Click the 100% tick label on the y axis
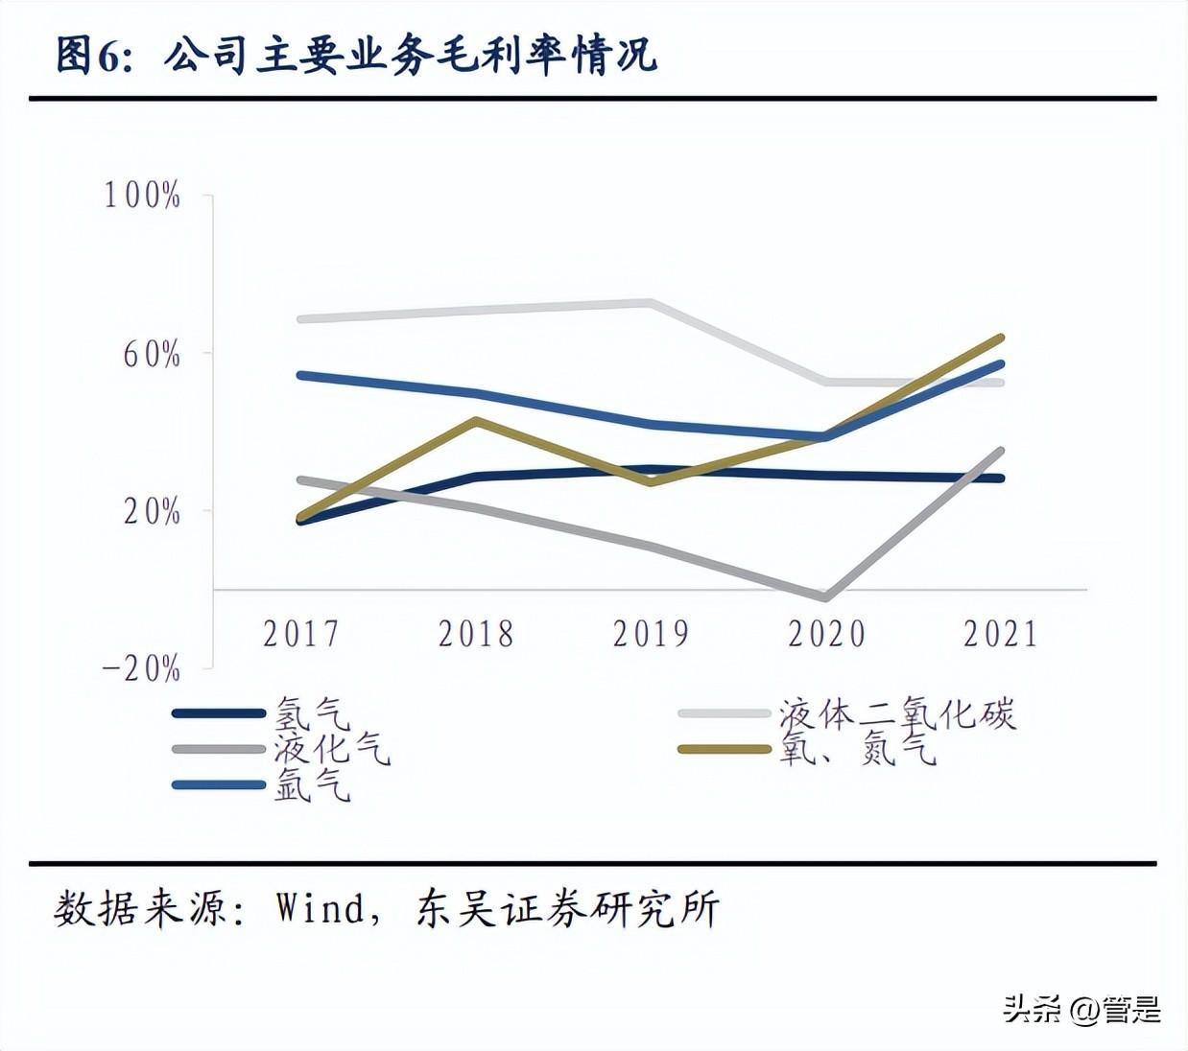(x=142, y=196)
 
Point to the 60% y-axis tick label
(x=152, y=355)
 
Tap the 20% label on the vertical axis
(x=152, y=512)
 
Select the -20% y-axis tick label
(x=142, y=668)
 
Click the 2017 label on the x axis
(x=301, y=634)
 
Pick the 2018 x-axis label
(x=476, y=634)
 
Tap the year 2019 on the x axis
(x=651, y=634)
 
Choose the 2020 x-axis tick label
(x=826, y=634)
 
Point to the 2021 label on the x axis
(x=1001, y=634)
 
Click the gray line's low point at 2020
(x=824, y=596)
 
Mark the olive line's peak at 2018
(x=476, y=420)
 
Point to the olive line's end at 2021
(x=1001, y=339)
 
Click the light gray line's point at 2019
(x=652, y=303)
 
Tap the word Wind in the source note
(x=321, y=907)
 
